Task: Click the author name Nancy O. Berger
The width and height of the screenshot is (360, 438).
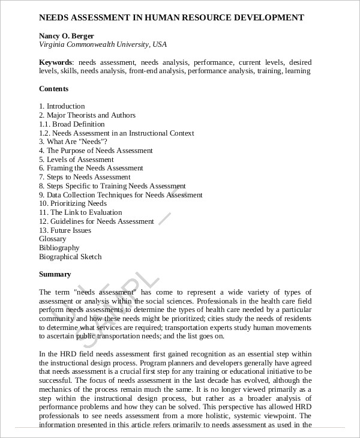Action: (x=67, y=35)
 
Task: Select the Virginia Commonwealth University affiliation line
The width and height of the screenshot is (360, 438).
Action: (x=103, y=44)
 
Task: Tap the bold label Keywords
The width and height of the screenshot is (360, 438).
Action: (x=56, y=62)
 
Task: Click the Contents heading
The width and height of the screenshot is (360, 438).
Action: (x=53, y=89)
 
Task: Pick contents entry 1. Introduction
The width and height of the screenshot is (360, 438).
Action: (x=62, y=106)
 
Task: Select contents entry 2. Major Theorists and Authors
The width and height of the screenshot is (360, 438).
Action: (x=87, y=115)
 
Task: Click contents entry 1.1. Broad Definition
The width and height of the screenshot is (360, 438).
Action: (x=71, y=124)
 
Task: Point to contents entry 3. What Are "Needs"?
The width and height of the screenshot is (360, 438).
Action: (x=73, y=142)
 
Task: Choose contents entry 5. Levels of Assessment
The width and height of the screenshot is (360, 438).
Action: (x=76, y=160)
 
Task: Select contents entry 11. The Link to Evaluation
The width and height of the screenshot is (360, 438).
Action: (x=80, y=212)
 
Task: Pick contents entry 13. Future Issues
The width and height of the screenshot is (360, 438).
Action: (x=65, y=230)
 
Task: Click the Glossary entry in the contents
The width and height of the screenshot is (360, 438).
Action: (x=53, y=239)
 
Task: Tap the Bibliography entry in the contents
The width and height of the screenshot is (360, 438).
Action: (x=59, y=248)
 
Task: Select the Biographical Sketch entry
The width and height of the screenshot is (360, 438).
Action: (x=70, y=257)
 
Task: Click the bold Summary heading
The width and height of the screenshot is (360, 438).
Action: (x=55, y=274)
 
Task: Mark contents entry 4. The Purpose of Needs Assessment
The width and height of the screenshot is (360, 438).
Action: (x=96, y=151)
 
